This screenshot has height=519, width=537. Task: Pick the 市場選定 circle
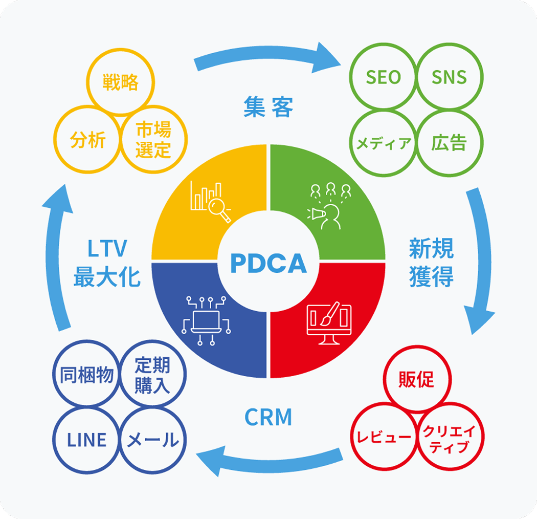click(x=153, y=140)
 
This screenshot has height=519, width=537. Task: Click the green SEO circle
click(x=383, y=77)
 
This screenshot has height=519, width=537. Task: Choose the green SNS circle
click(x=449, y=77)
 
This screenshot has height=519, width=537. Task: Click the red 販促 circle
click(x=416, y=380)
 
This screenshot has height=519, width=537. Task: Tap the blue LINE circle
click(x=87, y=440)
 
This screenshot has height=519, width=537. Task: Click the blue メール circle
click(x=152, y=440)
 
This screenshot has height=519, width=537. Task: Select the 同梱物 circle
click(x=87, y=375)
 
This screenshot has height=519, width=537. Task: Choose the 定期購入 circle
click(x=152, y=375)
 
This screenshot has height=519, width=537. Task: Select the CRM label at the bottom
click(x=268, y=418)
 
